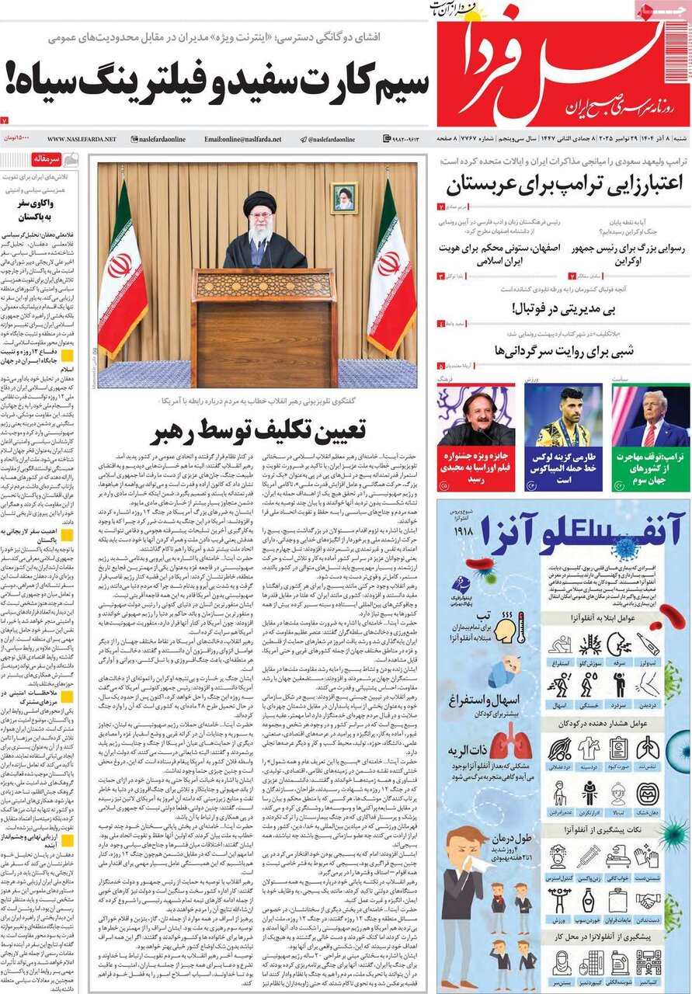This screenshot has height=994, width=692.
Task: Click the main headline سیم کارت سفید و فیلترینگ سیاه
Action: tap(216, 80)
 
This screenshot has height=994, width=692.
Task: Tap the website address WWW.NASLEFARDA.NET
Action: tap(82, 139)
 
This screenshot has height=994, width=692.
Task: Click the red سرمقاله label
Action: tap(44, 159)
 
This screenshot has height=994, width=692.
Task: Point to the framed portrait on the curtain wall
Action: tap(343, 198)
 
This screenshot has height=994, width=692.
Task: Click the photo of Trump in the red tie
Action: tap(650, 415)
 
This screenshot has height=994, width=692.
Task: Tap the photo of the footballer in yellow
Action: tap(563, 415)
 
